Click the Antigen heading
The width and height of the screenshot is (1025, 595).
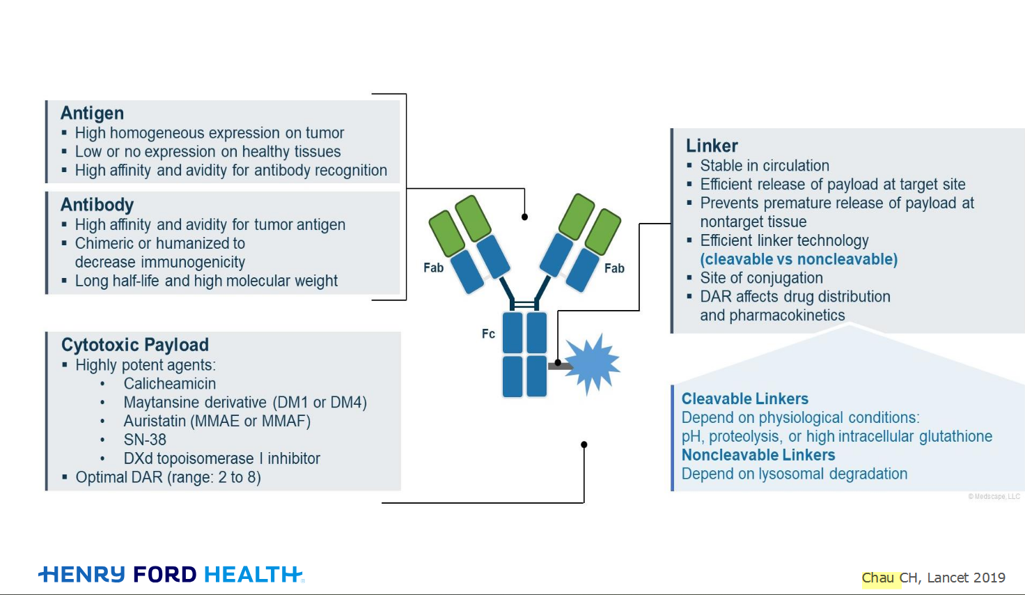point(92,113)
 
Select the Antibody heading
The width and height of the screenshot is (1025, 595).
point(97,205)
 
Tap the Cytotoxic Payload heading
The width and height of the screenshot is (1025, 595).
point(135,345)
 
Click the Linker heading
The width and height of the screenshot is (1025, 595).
point(712,146)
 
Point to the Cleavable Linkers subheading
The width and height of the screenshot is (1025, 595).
point(744,399)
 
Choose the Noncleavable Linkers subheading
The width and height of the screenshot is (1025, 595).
point(758,455)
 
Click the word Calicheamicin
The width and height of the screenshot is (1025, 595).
point(170,384)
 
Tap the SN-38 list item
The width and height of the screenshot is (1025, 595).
point(145,440)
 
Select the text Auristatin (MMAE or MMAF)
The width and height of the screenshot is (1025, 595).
point(217,421)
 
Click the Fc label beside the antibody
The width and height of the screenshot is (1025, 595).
point(488,334)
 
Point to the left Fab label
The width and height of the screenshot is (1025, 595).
point(433,268)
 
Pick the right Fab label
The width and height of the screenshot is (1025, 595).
point(614,268)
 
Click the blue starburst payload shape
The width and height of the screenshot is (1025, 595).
point(592,364)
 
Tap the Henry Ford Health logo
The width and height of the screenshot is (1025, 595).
point(171,574)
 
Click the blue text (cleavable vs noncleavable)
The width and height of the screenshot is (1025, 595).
point(799,259)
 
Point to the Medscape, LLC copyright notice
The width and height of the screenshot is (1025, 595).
point(994,497)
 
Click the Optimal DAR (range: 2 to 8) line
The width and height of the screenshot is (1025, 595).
point(168,477)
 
